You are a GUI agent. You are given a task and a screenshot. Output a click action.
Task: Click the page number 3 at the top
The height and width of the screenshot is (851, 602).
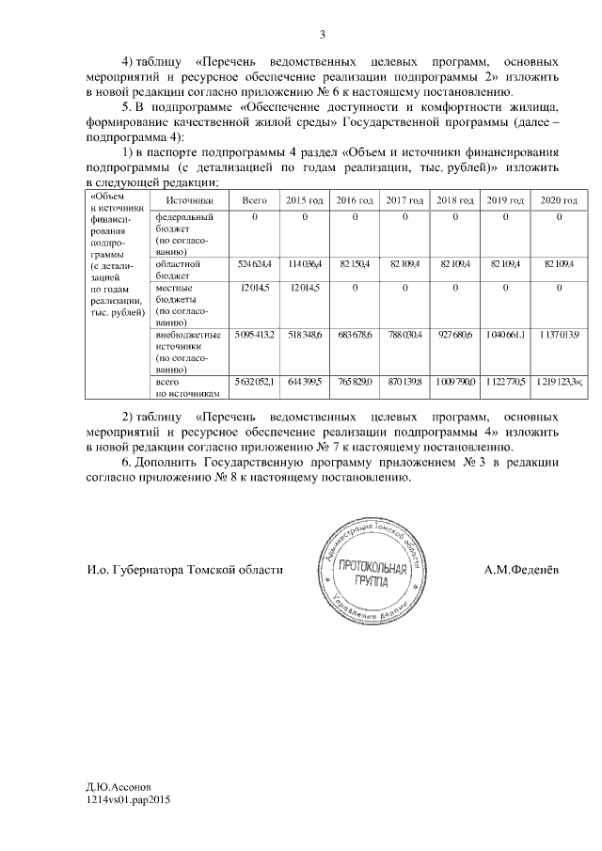pyautogui.click(x=322, y=36)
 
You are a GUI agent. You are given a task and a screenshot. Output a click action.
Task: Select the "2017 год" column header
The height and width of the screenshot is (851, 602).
pyautogui.click(x=406, y=201)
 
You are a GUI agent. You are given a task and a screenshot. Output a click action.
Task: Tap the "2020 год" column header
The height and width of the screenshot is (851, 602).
pyautogui.click(x=559, y=201)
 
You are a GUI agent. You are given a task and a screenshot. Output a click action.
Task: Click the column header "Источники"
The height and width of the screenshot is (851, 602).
pyautogui.click(x=189, y=201)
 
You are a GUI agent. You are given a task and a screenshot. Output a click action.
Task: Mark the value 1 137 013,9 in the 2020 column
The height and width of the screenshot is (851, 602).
pyautogui.click(x=559, y=335)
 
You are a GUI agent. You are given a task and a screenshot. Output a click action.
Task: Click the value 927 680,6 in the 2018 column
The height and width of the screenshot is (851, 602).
pyautogui.click(x=457, y=335)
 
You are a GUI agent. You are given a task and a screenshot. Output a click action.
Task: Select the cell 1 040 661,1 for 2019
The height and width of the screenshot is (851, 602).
pyautogui.click(x=507, y=335)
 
